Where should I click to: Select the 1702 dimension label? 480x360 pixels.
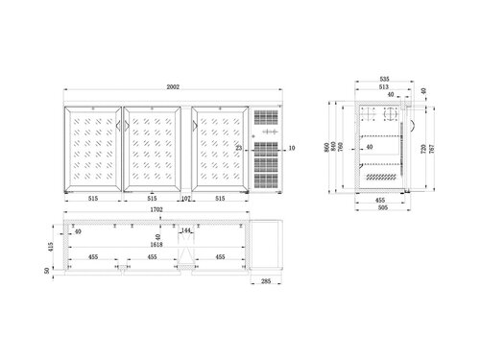pos(156,208)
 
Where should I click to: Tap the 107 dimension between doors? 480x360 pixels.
pos(187,199)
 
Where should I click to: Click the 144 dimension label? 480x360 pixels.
pos(187,231)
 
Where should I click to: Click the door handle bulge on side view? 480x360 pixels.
pos(412,121)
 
